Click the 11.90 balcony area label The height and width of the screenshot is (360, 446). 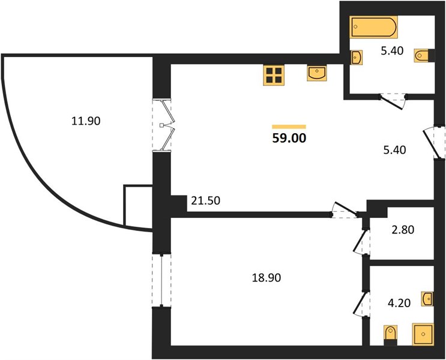pyautogui.click(x=86, y=121)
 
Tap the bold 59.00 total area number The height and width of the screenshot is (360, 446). pyautogui.click(x=289, y=138)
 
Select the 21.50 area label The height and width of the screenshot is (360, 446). pyautogui.click(x=206, y=201)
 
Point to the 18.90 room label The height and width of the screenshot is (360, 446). pyautogui.click(x=267, y=278)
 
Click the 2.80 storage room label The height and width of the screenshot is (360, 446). pyautogui.click(x=403, y=229)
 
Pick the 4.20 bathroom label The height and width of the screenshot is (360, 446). pyautogui.click(x=399, y=303)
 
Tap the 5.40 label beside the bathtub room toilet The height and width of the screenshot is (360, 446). pyautogui.click(x=392, y=51)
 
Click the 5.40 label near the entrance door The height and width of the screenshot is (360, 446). pyautogui.click(x=394, y=149)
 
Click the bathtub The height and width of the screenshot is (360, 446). pyautogui.click(x=373, y=27)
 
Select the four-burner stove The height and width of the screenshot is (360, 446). pyautogui.click(x=274, y=75)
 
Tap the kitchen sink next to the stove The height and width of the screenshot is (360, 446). pyautogui.click(x=317, y=73)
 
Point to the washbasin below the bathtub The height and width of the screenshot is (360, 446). pyautogui.click(x=356, y=58)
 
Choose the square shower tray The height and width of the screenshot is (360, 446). pyautogui.click(x=423, y=334)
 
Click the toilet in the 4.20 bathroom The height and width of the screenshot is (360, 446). pyautogui.click(x=390, y=335)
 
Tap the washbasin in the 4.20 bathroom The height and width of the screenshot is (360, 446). pyautogui.click(x=427, y=299)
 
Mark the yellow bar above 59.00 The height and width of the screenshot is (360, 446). pyautogui.click(x=289, y=127)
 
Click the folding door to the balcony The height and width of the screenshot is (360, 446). pyautogui.click(x=166, y=125)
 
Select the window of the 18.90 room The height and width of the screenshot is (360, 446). pyautogui.click(x=161, y=280)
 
